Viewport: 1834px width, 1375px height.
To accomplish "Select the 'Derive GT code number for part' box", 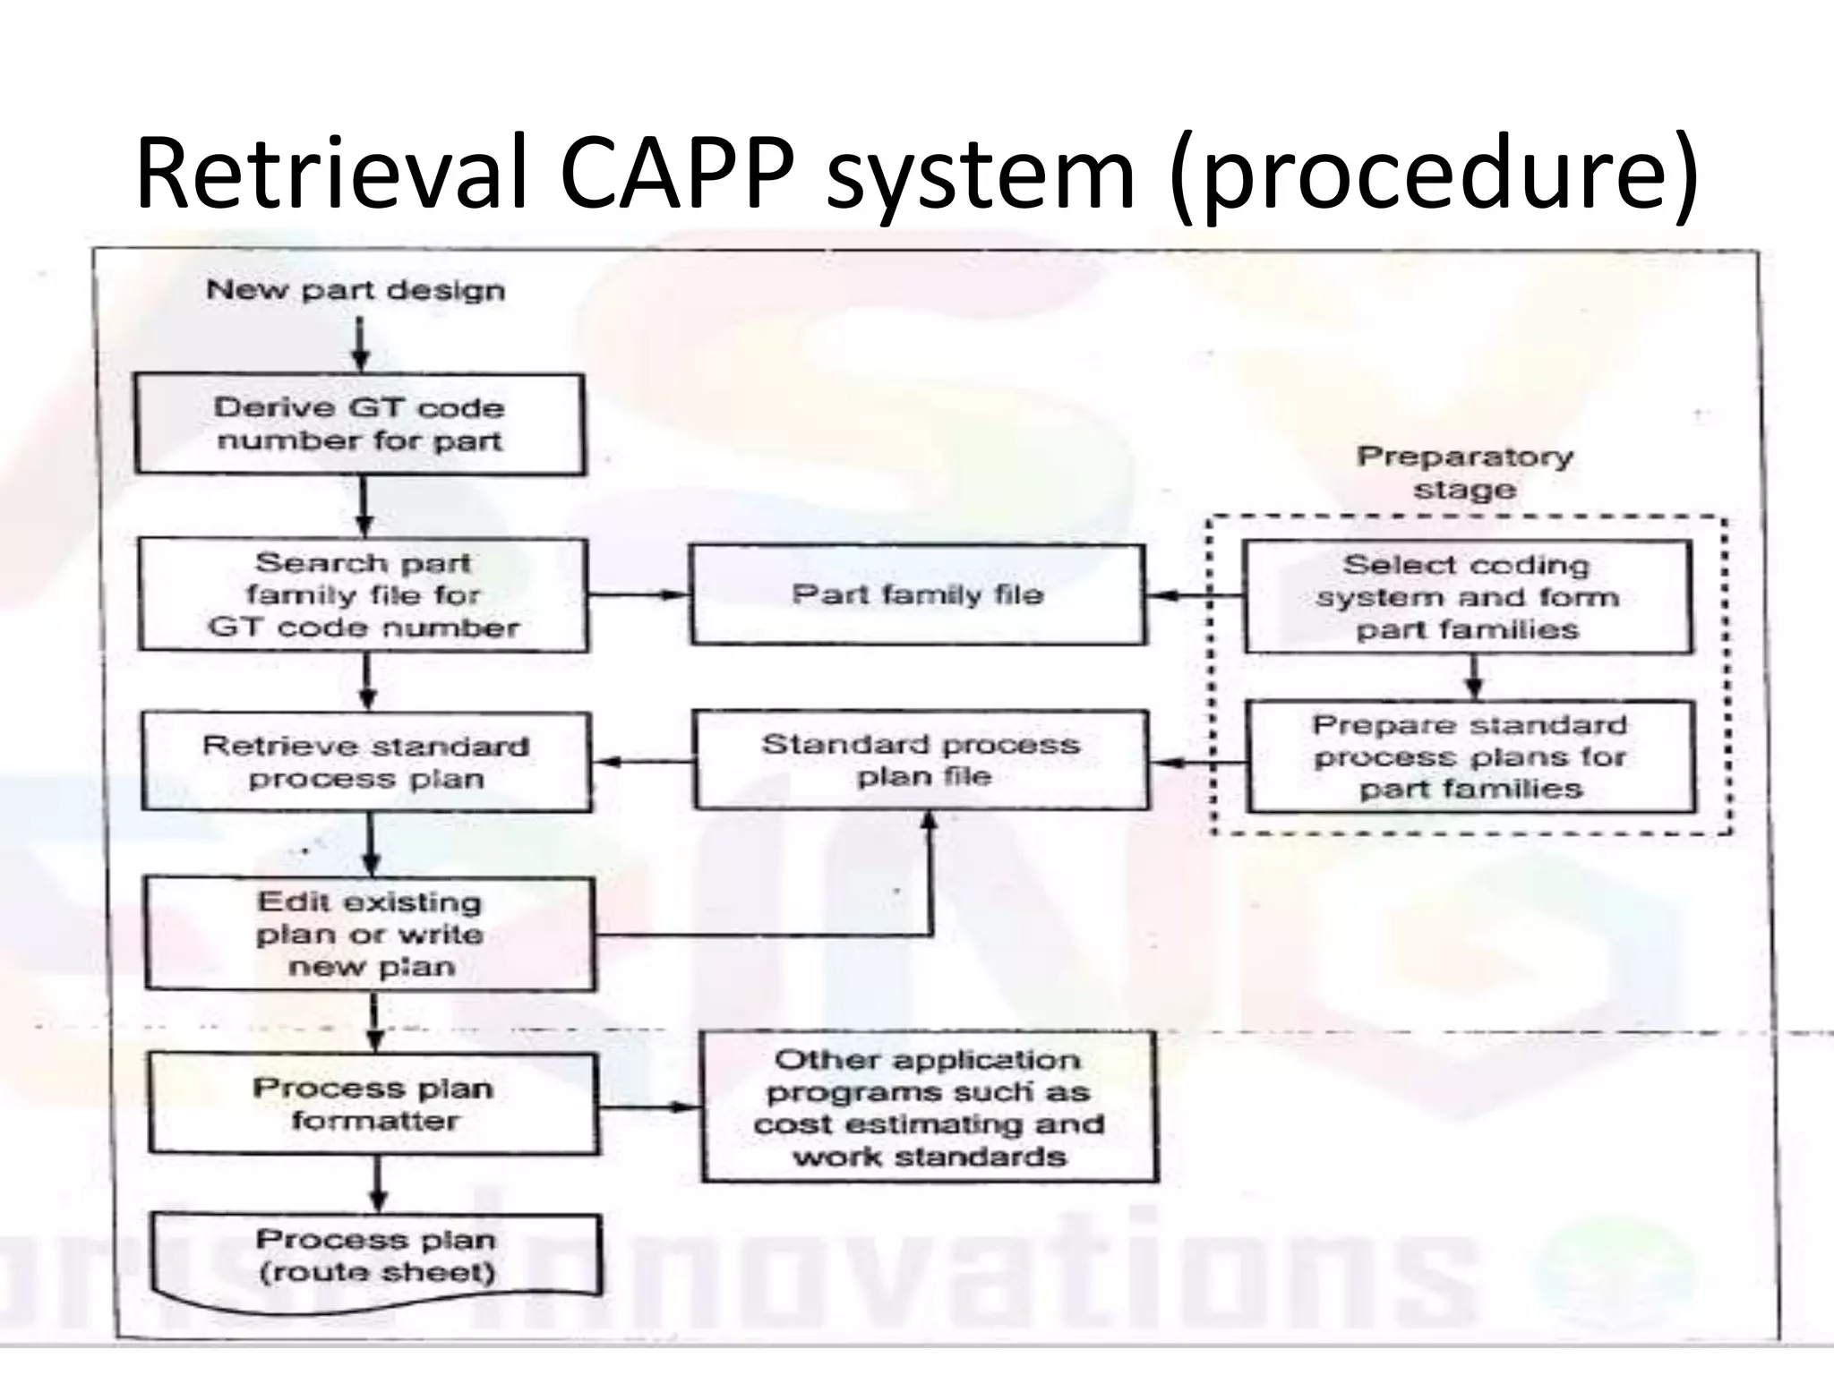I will (x=360, y=424).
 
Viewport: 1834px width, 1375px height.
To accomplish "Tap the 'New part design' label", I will (x=356, y=290).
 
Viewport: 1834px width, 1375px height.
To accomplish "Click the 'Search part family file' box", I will (x=364, y=594).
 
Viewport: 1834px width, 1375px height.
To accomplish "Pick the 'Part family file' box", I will (x=917, y=594).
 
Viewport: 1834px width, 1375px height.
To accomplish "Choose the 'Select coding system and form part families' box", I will (x=1468, y=597).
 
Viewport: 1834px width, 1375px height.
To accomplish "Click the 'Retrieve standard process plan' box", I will (x=366, y=762).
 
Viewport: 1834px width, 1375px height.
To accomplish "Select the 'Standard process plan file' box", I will (x=921, y=760).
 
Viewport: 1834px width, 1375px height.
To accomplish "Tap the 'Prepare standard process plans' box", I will (x=1470, y=757).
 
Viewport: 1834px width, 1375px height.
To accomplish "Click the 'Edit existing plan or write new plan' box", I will (x=370, y=934).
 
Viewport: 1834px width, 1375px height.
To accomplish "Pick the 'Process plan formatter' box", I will (x=374, y=1103).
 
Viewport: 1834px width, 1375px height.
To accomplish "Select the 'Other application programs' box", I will (x=930, y=1107).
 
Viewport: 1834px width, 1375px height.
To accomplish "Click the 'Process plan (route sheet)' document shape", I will (x=376, y=1256).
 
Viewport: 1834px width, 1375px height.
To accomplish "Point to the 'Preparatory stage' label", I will (x=1465, y=473).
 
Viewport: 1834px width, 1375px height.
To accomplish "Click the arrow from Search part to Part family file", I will (x=638, y=594).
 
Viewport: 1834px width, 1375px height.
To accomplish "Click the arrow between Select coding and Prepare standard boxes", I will (x=1473, y=678).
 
